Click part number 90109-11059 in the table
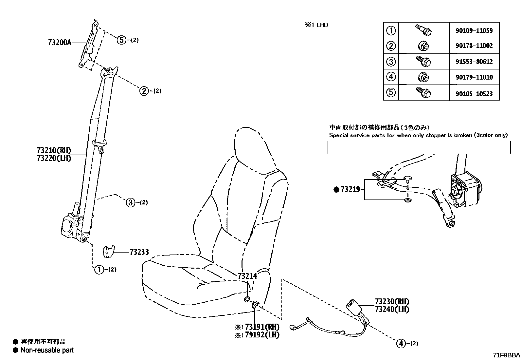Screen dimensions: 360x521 (474, 31)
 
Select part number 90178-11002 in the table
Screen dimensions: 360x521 (474, 46)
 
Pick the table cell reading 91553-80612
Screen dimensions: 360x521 (474, 62)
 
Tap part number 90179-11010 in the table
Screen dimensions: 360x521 (474, 78)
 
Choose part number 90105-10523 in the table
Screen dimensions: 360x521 (474, 94)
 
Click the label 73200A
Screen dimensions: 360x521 (59, 43)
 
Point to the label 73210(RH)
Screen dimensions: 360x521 (54, 150)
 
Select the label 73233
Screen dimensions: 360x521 (139, 252)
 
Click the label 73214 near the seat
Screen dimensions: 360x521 (247, 276)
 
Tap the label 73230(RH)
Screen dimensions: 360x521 (392, 302)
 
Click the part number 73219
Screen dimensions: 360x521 (350, 189)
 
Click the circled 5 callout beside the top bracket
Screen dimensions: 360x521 (121, 40)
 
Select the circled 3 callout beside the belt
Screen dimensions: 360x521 (131, 202)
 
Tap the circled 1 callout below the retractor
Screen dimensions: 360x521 (99, 270)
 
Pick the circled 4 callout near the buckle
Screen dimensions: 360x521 (401, 344)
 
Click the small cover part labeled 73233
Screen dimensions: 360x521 (109, 251)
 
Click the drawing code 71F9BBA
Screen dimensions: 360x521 (507, 355)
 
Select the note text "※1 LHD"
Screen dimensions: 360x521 (316, 25)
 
